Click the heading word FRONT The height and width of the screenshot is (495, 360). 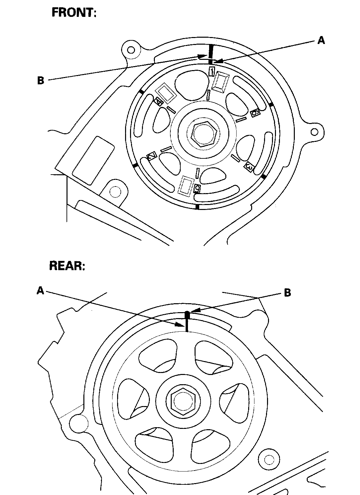coord(73,13)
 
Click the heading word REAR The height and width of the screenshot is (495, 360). coord(67,266)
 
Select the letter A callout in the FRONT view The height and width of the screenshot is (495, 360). coord(321,40)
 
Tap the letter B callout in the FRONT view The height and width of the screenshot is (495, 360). coord(41,80)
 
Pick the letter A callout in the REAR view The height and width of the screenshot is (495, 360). coord(40,291)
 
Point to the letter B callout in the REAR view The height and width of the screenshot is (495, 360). coord(288,293)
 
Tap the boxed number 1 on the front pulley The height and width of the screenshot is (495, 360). coord(212,71)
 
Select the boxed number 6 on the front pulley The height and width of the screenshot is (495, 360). coord(255,113)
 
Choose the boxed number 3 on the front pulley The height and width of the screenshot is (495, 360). coord(249,168)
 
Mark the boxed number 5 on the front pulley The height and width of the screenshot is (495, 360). coord(197,188)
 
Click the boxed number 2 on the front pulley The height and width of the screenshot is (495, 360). coord(152,156)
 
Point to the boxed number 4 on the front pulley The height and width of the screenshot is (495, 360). coord(158,101)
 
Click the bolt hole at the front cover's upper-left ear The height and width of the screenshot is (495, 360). coord(131,50)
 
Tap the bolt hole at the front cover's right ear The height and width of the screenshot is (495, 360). coord(315,132)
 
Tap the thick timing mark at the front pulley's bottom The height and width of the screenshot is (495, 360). coord(198,207)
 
